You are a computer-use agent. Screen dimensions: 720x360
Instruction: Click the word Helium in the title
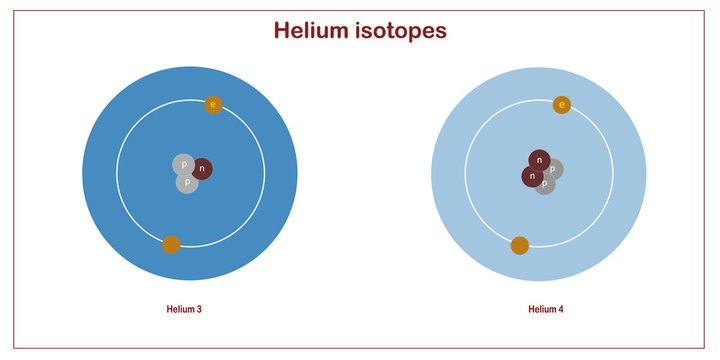point(316,31)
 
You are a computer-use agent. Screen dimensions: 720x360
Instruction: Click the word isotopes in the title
point(403,31)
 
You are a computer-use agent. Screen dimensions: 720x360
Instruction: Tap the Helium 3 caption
point(184,310)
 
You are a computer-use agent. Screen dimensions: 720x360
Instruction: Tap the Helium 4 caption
point(546,310)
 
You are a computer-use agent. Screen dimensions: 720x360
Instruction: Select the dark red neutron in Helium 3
point(202,169)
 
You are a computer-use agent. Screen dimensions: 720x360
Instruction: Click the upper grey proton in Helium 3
point(183,164)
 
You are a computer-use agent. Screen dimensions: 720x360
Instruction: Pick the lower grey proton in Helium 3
point(186,183)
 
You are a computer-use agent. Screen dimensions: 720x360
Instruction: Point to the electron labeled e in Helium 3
point(213,105)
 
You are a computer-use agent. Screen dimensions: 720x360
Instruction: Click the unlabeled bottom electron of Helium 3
point(171,244)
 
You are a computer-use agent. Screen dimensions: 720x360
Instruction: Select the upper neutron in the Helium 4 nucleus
point(540,159)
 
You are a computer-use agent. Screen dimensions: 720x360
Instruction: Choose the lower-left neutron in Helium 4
point(532,177)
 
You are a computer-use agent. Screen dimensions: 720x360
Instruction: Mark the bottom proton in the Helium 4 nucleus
point(545,184)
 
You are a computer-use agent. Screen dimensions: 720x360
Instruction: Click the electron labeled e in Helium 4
point(562,105)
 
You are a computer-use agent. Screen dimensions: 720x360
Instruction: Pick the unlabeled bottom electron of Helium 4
point(520,245)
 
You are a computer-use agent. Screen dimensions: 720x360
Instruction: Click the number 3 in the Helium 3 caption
point(199,310)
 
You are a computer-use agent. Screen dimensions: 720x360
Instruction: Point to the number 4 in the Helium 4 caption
point(561,310)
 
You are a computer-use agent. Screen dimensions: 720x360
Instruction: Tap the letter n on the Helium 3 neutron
point(202,169)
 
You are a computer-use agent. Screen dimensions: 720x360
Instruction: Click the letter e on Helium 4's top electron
point(562,105)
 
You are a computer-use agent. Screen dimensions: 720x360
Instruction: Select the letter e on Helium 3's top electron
point(213,105)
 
